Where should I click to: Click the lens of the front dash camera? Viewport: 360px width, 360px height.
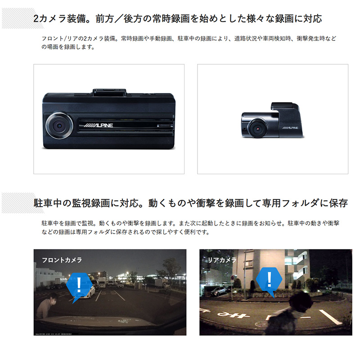pyautogui.click(x=59, y=126)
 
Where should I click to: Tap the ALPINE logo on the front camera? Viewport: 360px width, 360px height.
pyautogui.click(x=98, y=126)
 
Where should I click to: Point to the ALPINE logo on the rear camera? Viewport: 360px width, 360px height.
pyautogui.click(x=290, y=128)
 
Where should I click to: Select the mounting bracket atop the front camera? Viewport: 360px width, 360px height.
pyautogui.click(x=109, y=92)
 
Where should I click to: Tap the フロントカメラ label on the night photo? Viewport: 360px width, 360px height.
pyautogui.click(x=62, y=260)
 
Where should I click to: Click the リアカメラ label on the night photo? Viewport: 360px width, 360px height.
pyautogui.click(x=222, y=260)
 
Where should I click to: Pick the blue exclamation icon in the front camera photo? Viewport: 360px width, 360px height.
pyautogui.click(x=79, y=285)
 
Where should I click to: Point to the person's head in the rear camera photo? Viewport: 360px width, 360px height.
pyautogui.click(x=300, y=301)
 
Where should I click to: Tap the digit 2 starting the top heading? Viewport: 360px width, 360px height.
pyautogui.click(x=36, y=18)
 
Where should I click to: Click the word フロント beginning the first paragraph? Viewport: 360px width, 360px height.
pyautogui.click(x=52, y=38)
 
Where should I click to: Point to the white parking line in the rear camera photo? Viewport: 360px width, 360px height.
pyautogui.click(x=330, y=317)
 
